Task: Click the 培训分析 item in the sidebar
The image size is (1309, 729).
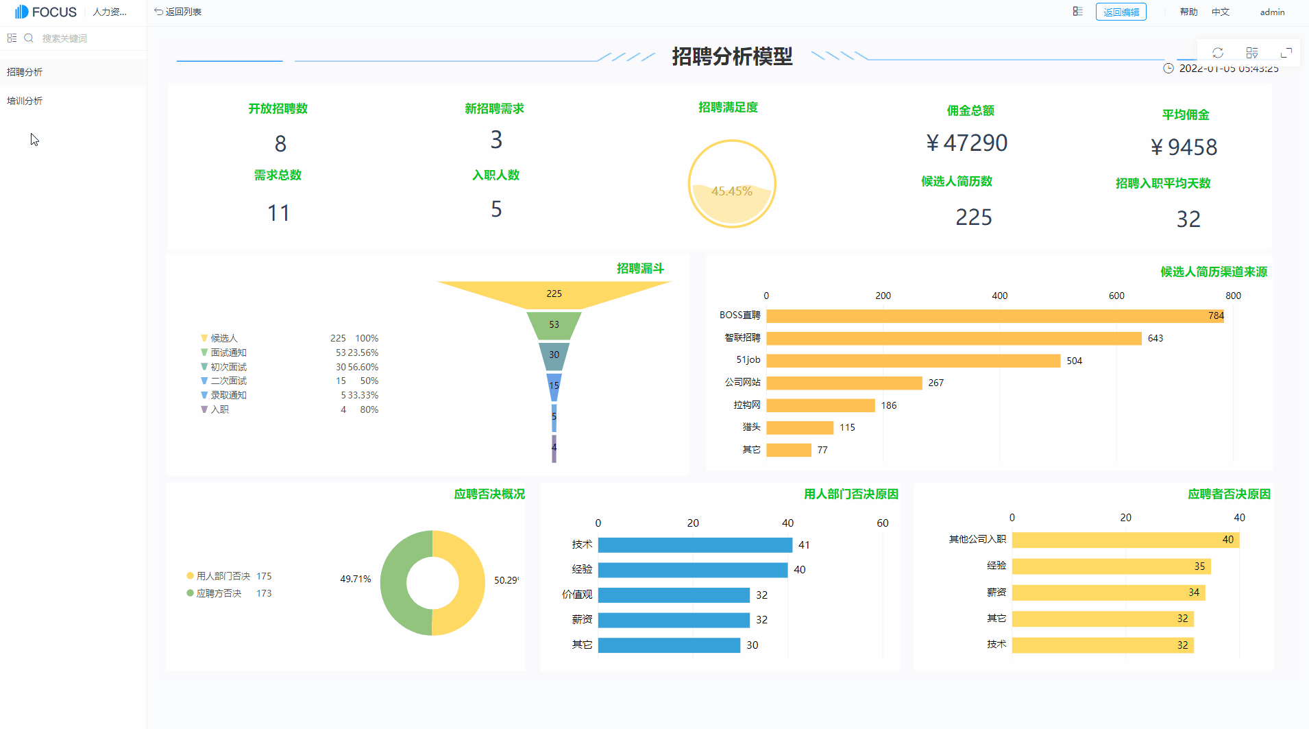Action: point(25,101)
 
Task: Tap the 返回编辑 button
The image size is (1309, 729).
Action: point(1121,12)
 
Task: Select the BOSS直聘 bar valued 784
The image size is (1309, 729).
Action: point(994,315)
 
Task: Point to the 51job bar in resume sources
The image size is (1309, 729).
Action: point(913,361)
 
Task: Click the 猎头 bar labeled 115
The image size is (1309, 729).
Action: point(800,428)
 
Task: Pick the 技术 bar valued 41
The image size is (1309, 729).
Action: point(695,545)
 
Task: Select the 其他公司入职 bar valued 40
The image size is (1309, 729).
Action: point(1125,540)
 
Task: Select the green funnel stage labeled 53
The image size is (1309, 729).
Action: point(554,325)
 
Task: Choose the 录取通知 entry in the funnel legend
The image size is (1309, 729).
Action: point(228,395)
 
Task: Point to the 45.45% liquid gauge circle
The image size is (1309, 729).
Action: point(731,184)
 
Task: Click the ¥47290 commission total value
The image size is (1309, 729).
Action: point(966,143)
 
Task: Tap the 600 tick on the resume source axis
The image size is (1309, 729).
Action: point(1116,296)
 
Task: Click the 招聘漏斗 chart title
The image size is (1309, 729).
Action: point(640,268)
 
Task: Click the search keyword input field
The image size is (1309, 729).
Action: point(82,38)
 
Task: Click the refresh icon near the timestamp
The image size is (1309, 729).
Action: point(1218,53)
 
